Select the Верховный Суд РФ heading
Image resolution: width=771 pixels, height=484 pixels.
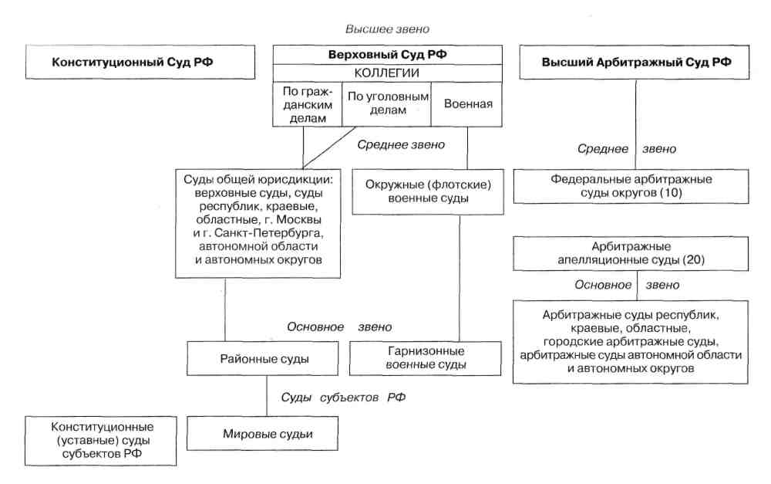[387, 55]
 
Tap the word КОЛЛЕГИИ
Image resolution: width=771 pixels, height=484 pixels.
[387, 73]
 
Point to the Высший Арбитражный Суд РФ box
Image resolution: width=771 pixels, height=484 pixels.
[635, 62]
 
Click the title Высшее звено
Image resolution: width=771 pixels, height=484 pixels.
[388, 29]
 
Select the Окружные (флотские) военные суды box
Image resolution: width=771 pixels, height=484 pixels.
[422, 192]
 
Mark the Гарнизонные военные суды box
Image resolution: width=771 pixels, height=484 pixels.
[426, 359]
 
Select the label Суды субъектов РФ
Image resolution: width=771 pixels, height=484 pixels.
[342, 398]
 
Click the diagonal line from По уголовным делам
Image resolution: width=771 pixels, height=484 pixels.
[332, 146]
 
